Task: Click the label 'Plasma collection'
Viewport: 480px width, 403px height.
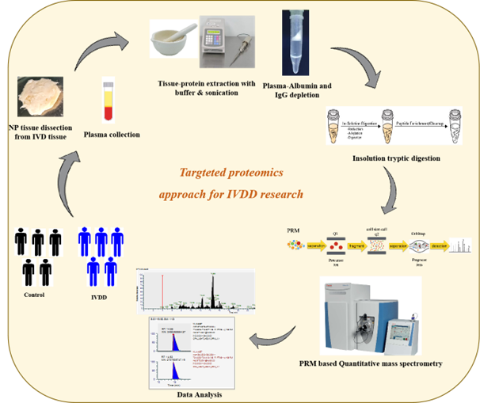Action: (x=111, y=135)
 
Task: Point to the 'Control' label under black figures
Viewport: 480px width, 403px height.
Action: (x=34, y=295)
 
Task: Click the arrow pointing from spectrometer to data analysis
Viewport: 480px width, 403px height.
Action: (x=272, y=341)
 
